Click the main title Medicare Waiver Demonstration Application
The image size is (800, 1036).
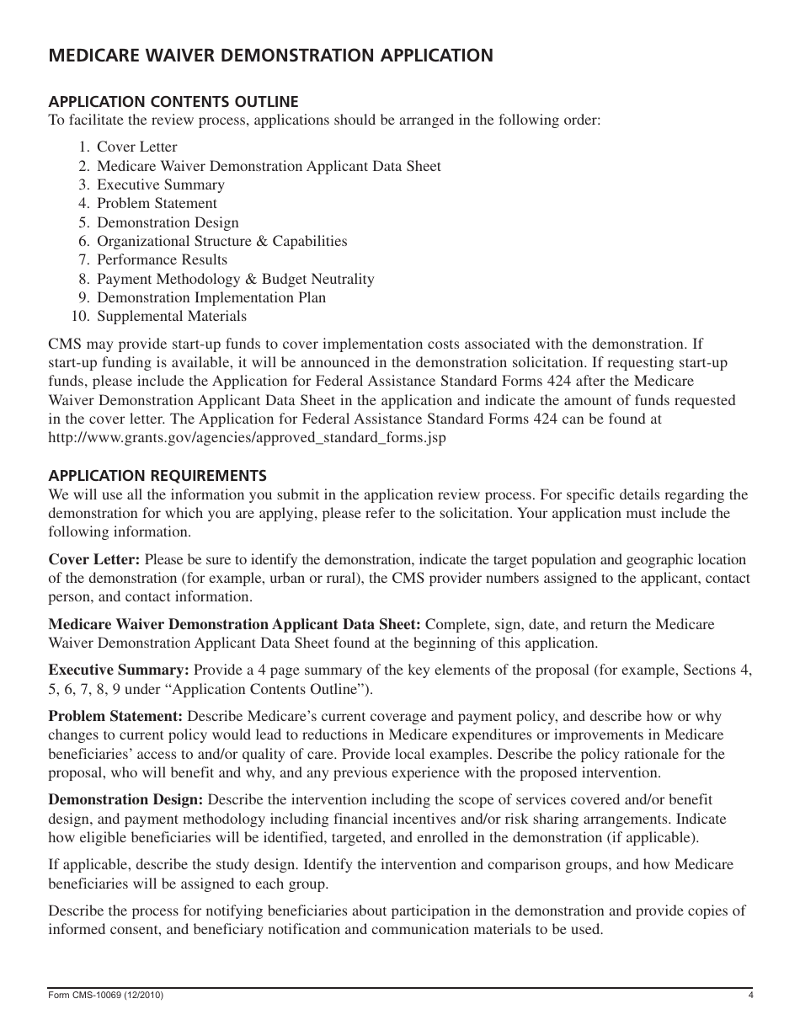(x=270, y=56)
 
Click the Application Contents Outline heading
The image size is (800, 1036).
(x=173, y=102)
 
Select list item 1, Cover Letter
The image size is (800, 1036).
(x=136, y=147)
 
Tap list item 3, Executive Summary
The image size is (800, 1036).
(x=160, y=184)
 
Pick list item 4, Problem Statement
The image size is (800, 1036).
(x=157, y=204)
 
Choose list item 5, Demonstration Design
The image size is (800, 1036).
(x=168, y=222)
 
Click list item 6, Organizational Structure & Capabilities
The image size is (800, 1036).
(x=221, y=241)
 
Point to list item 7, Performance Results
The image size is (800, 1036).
(x=162, y=259)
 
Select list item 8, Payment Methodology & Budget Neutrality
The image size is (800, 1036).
(x=235, y=279)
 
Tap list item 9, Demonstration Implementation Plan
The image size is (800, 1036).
(x=211, y=297)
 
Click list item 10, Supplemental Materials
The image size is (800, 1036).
(x=172, y=317)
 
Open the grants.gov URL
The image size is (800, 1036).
(x=247, y=438)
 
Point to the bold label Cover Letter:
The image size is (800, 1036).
(x=94, y=559)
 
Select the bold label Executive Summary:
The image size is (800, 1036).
(x=119, y=670)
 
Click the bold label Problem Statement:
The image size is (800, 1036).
(x=115, y=717)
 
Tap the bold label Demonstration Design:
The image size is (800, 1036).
(x=125, y=799)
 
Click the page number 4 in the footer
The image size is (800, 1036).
(x=749, y=996)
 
